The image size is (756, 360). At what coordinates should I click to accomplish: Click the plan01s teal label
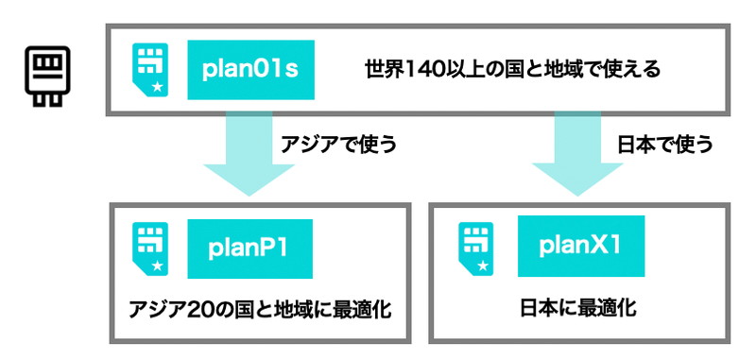coord(250,69)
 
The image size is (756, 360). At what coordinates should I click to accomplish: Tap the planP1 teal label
coord(249,249)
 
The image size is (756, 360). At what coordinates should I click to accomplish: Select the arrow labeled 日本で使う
coord(573,151)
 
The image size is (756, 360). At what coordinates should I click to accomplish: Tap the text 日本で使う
coord(664,146)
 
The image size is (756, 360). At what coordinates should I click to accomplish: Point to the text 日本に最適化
coord(579,308)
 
